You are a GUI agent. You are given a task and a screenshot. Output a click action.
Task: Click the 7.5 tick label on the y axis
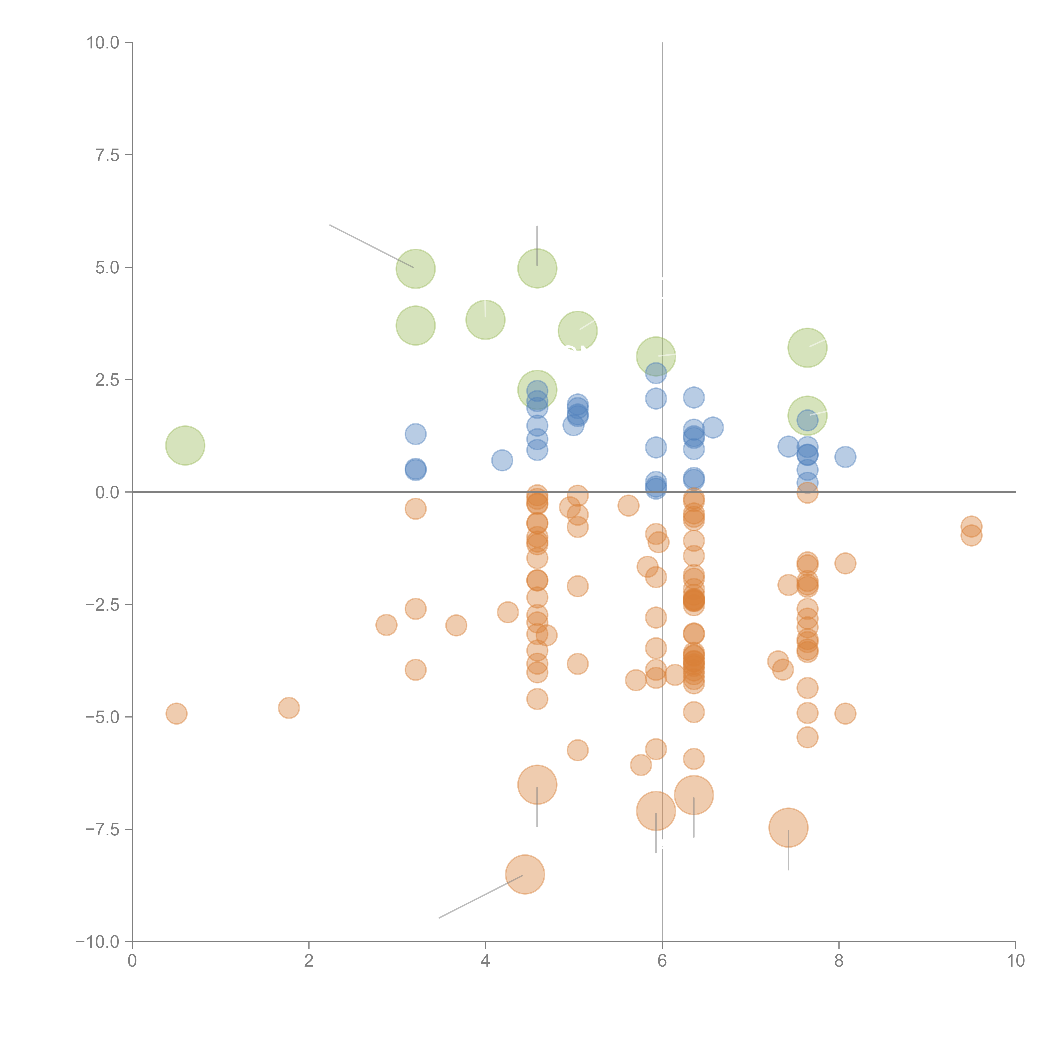click(x=107, y=155)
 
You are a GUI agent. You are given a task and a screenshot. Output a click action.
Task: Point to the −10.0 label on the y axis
click(x=98, y=942)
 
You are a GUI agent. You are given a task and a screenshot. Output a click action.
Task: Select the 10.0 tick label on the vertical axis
click(x=103, y=43)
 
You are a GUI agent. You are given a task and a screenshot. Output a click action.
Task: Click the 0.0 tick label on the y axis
click(x=107, y=492)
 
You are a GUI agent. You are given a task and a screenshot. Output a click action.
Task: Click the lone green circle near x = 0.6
click(x=185, y=445)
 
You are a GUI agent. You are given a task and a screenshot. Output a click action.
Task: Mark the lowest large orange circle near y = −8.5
click(x=525, y=874)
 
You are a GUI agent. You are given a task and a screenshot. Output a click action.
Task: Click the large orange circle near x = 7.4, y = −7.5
click(x=788, y=827)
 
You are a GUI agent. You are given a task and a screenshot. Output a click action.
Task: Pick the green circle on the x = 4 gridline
click(x=485, y=320)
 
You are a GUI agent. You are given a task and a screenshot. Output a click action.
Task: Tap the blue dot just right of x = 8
click(x=845, y=457)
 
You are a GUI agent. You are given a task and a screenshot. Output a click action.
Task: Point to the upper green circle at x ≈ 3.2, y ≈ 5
click(x=416, y=269)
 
